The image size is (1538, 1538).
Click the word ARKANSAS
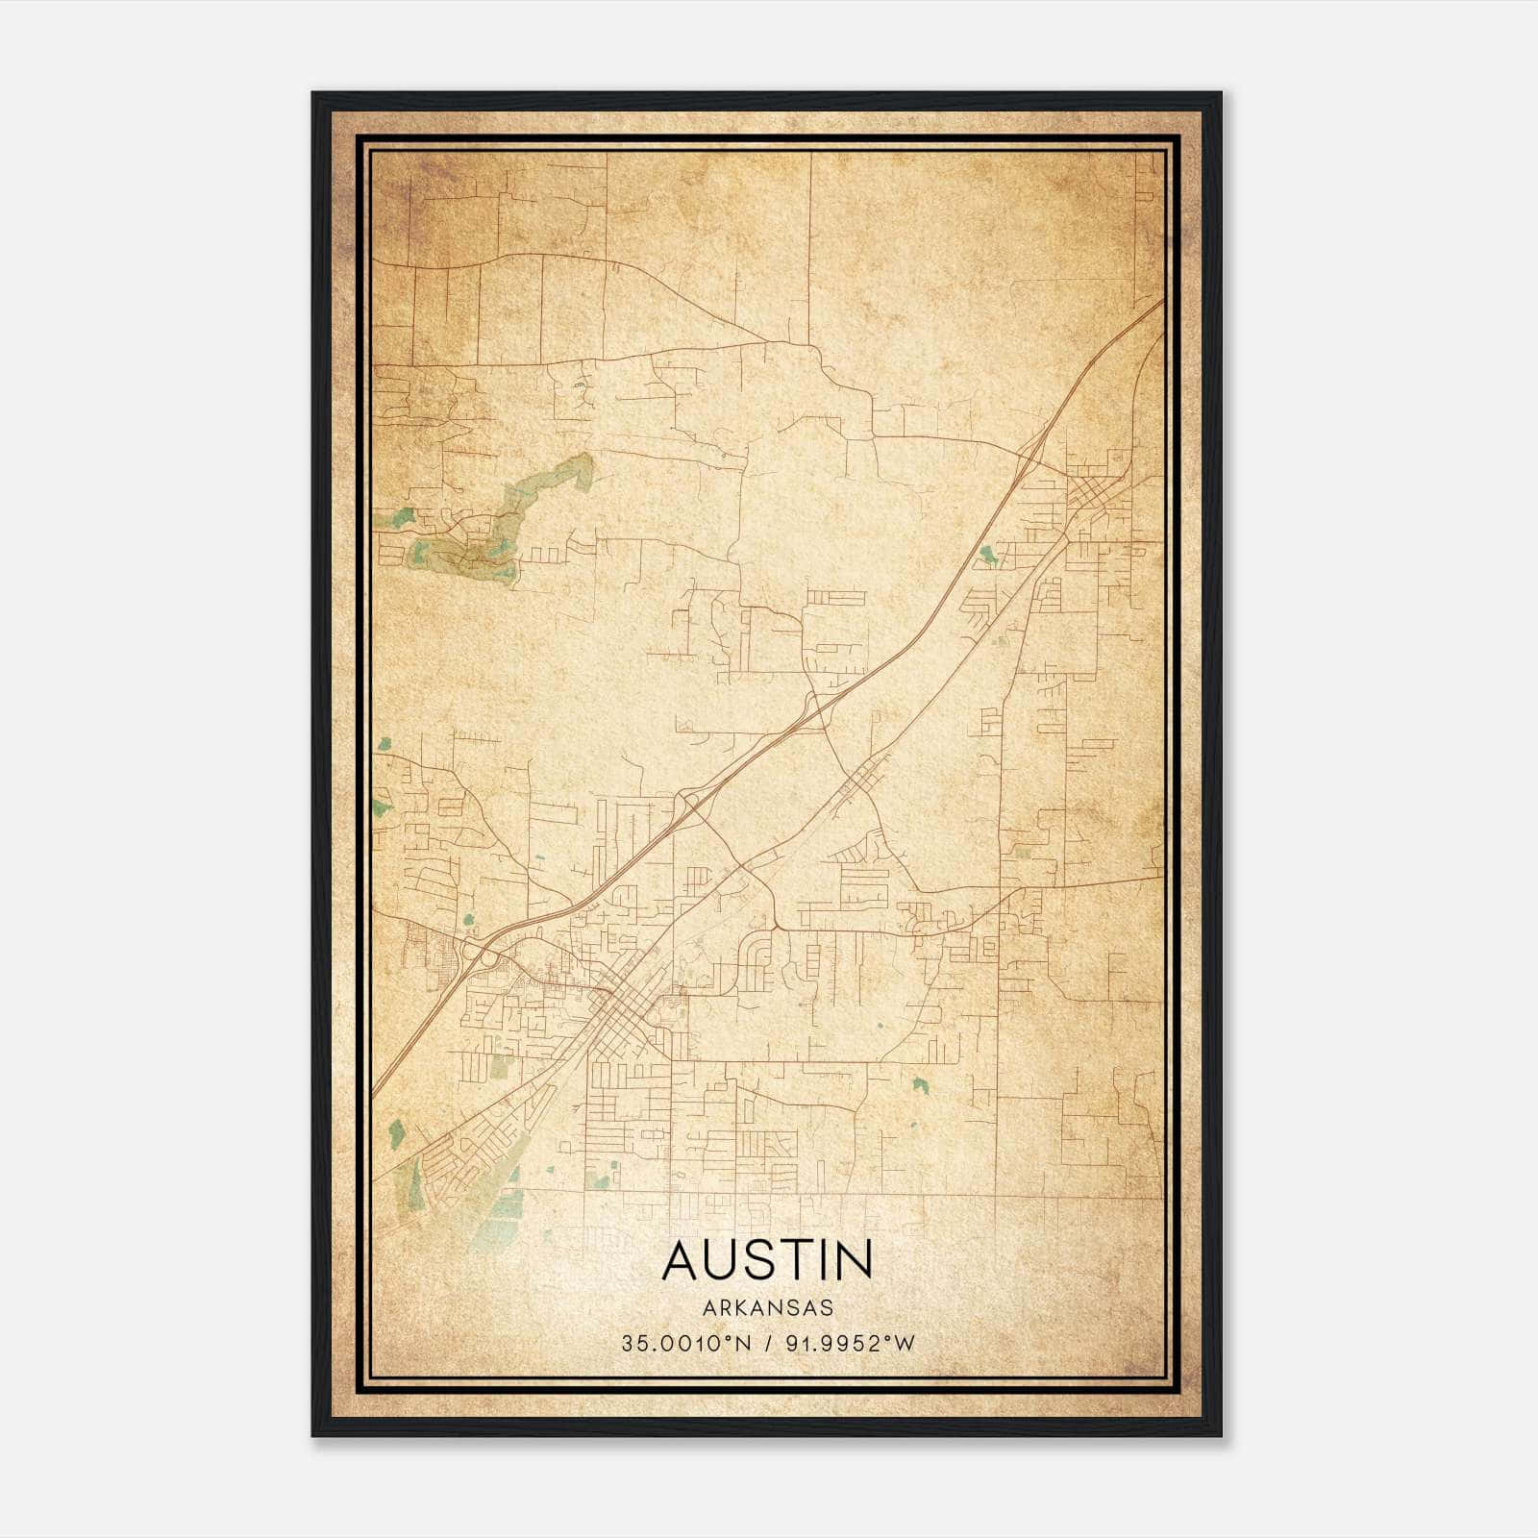pyautogui.click(x=767, y=1308)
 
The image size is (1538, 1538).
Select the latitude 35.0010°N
pyautogui.click(x=682, y=1344)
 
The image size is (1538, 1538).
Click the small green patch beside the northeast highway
pyautogui.click(x=987, y=555)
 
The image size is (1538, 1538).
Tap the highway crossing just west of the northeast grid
pyautogui.click(x=1033, y=452)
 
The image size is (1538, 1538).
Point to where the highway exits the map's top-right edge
pyautogui.click(x=1161, y=303)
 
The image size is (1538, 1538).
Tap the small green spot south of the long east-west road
pyautogui.click(x=920, y=1085)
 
